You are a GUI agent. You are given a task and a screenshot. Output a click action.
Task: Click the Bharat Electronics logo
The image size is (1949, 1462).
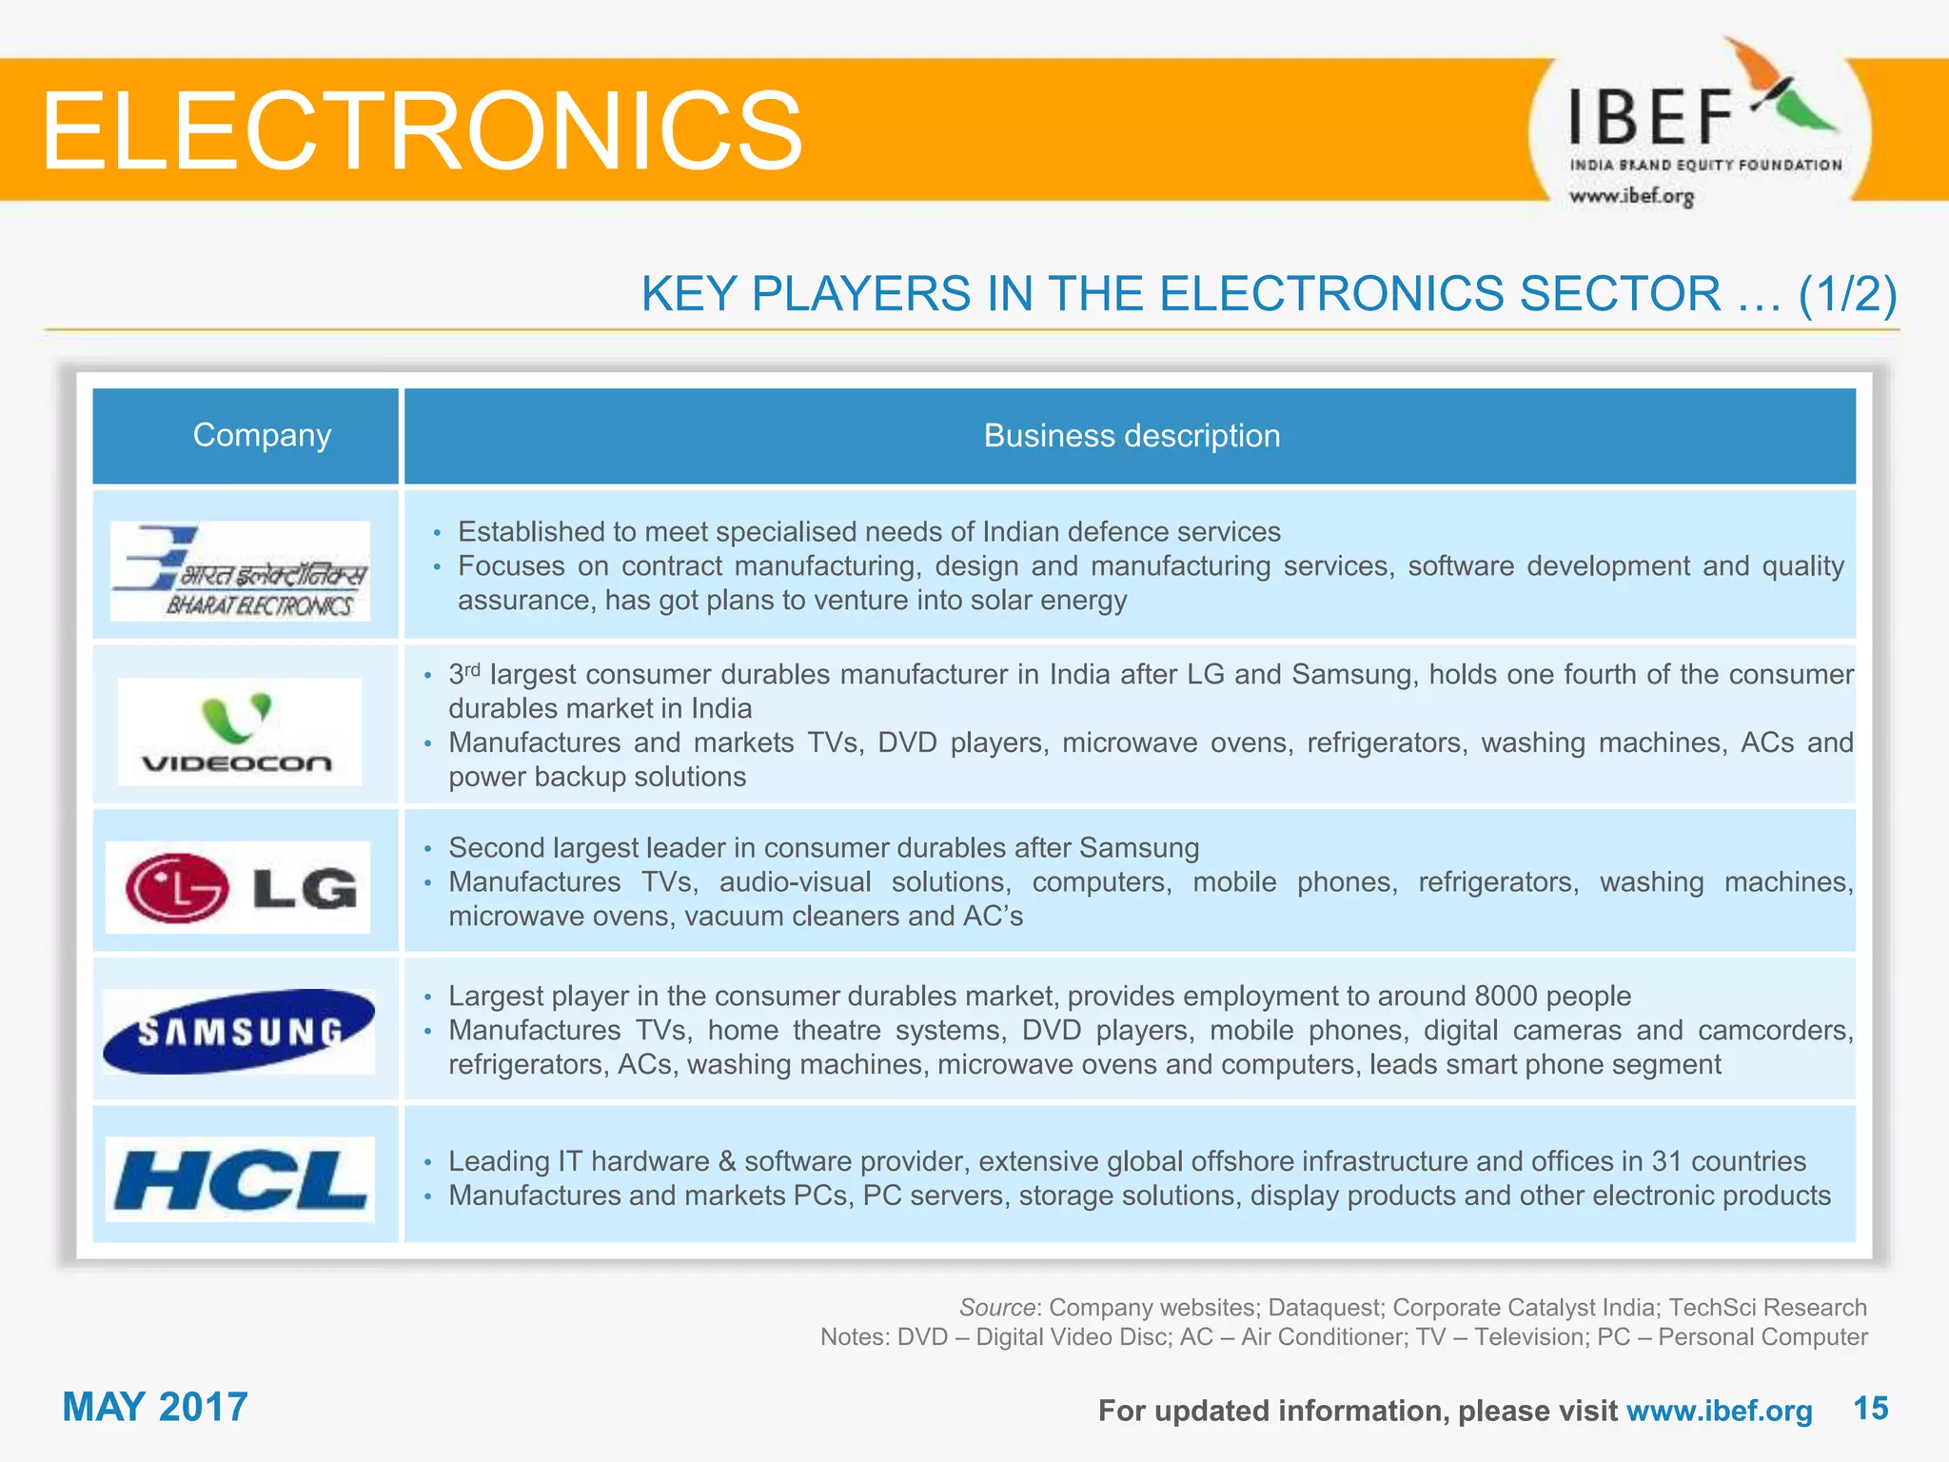(x=240, y=571)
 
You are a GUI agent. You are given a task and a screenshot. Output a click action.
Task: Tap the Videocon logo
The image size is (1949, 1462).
(x=239, y=731)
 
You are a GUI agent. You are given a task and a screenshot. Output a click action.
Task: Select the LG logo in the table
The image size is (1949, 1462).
(x=238, y=887)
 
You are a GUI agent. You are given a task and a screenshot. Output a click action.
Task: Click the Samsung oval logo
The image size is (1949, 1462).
(x=239, y=1032)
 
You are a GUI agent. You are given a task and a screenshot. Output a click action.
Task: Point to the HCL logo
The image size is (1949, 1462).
(x=240, y=1179)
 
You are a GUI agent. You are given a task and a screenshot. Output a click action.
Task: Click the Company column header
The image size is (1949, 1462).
(x=262, y=435)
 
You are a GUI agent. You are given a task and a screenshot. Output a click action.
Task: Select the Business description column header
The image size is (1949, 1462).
(x=1132, y=436)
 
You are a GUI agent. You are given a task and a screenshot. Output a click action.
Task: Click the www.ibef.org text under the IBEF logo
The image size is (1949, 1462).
(x=1632, y=196)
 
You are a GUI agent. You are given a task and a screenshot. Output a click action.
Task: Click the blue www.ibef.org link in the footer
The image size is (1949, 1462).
(x=1719, y=1411)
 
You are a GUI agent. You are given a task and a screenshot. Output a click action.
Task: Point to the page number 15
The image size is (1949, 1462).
(x=1870, y=1409)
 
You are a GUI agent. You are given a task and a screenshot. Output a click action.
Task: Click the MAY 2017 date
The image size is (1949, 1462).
(x=155, y=1407)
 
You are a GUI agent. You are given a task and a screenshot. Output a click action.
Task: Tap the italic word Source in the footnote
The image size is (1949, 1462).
(x=996, y=1308)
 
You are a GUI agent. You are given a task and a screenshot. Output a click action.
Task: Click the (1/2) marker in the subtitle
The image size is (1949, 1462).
(x=1847, y=293)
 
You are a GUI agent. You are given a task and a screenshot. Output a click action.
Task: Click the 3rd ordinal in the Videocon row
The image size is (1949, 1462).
(x=464, y=673)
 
